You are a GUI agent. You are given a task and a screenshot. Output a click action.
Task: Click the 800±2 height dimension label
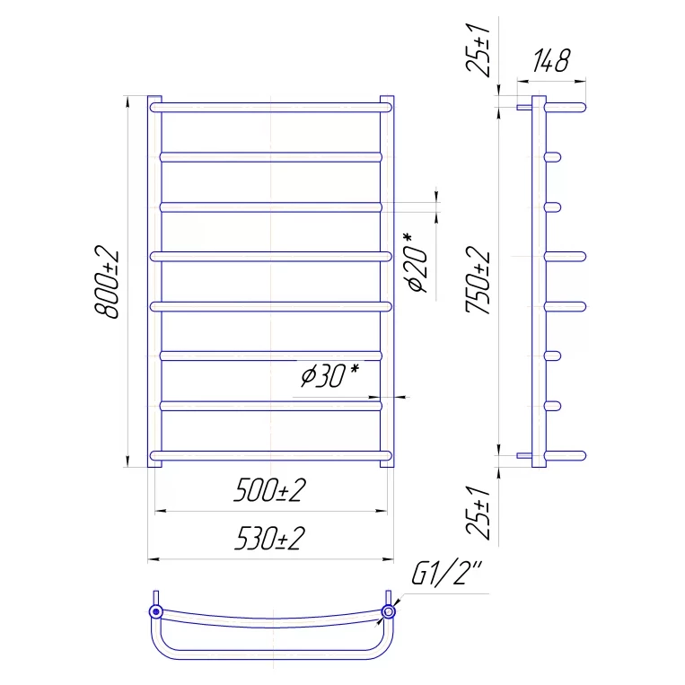107,282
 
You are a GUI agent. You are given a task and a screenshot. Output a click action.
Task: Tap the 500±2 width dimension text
269,490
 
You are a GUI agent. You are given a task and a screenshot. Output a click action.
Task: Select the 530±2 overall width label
269,539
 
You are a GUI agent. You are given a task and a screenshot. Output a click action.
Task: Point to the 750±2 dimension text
478,279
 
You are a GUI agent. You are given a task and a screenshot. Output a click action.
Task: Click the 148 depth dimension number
551,60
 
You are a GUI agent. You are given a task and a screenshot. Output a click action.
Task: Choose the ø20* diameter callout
417,263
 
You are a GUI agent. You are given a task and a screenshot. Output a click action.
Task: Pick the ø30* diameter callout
329,375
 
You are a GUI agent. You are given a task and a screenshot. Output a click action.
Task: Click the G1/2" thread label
446,571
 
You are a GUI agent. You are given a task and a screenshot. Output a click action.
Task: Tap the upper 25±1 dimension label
478,50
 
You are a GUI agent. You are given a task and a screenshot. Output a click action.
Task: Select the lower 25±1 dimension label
478,513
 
